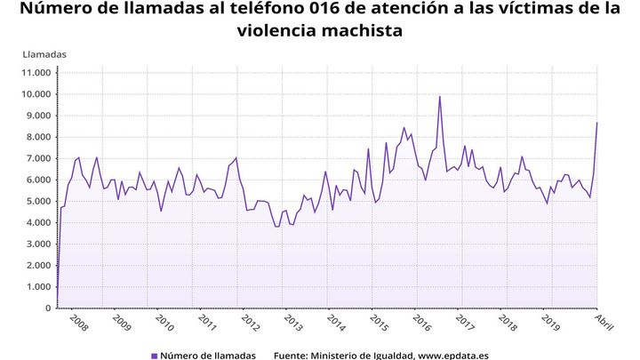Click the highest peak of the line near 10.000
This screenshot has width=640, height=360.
coord(439,97)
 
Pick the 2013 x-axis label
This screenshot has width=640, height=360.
coord(291,321)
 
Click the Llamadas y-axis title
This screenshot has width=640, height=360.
coord(44,54)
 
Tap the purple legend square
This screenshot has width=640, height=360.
coord(154,356)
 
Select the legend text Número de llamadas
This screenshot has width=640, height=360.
coord(209,356)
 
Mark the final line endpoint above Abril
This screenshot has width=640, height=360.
coord(596,123)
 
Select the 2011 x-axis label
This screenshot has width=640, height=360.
coord(205,321)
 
